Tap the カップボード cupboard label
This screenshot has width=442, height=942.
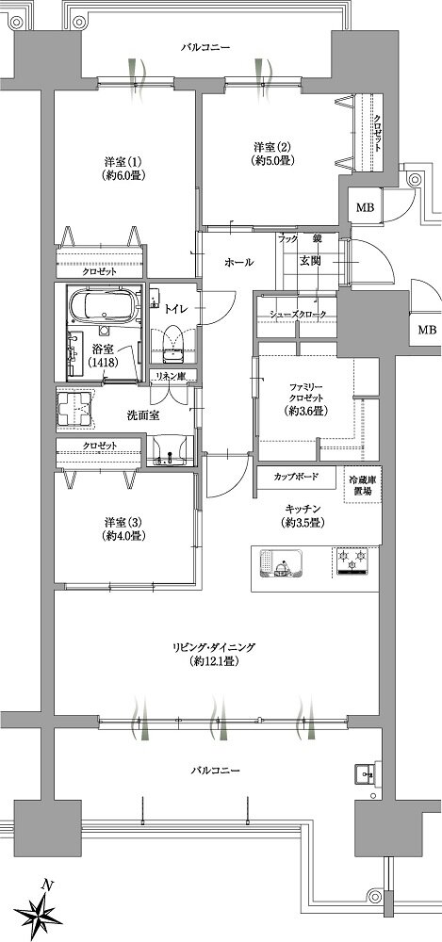click(x=295, y=477)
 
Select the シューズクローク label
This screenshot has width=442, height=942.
click(x=298, y=315)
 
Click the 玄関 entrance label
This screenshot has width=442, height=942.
click(x=310, y=262)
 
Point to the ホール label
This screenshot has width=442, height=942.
click(x=239, y=263)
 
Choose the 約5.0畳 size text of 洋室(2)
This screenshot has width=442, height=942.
click(x=273, y=160)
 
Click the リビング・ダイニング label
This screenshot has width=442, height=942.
click(x=213, y=647)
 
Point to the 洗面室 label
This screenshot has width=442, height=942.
click(x=142, y=414)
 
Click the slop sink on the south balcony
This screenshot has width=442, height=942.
click(x=367, y=774)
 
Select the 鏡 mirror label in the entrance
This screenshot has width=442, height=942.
click(x=317, y=238)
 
